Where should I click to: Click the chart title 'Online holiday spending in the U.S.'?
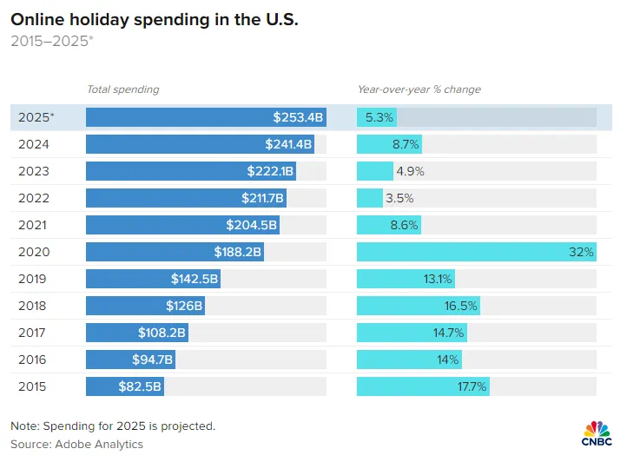click(154, 20)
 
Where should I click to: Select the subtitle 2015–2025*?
click(51, 41)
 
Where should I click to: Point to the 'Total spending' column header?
click(122, 89)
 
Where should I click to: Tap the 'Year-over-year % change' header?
click(419, 89)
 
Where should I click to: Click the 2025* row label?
click(36, 117)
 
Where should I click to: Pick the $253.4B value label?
click(298, 117)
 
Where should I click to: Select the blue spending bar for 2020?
click(174, 252)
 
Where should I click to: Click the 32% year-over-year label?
click(582, 252)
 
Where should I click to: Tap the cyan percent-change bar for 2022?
click(370, 198)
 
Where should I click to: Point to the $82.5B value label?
click(140, 386)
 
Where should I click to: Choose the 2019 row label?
click(32, 279)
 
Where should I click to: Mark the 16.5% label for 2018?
click(461, 306)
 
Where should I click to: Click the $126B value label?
click(184, 306)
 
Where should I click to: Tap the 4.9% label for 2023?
click(409, 171)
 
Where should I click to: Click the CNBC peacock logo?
click(596, 431)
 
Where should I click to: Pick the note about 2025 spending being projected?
click(113, 426)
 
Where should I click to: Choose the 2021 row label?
click(32, 225)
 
